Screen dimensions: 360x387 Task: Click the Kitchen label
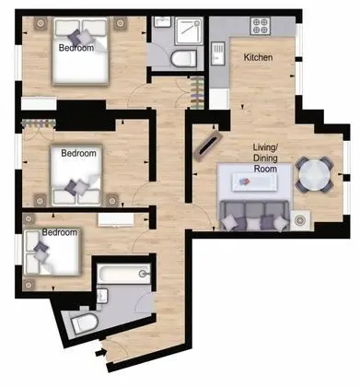pyautogui.click(x=258, y=57)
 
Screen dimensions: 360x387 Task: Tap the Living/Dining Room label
pyautogui.click(x=265, y=158)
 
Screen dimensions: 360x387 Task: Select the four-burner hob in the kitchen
pyautogui.click(x=261, y=26)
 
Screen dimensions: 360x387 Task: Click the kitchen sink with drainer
pyautogui.click(x=217, y=53)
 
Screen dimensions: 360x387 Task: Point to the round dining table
pyautogui.click(x=315, y=175)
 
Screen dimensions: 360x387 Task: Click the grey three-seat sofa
pyautogui.click(x=255, y=216)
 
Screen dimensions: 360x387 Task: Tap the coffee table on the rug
pyautogui.click(x=255, y=182)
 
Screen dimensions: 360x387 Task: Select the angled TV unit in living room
pyautogui.click(x=208, y=145)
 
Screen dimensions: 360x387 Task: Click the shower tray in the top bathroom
pyautogui.click(x=189, y=30)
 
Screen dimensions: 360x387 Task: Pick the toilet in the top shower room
pyautogui.click(x=183, y=58)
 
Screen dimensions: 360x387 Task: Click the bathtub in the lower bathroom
pyautogui.click(x=123, y=273)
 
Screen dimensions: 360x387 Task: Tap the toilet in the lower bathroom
pyautogui.click(x=84, y=323)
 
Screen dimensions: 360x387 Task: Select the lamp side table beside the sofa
pyautogui.click(x=300, y=220)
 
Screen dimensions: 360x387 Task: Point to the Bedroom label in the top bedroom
pyautogui.click(x=76, y=48)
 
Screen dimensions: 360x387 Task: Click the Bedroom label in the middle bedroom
pyautogui.click(x=78, y=153)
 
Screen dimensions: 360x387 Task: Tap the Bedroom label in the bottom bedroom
pyautogui.click(x=60, y=232)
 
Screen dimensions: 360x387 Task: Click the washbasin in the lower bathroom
pyautogui.click(x=102, y=296)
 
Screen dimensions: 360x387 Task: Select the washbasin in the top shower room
pyautogui.click(x=162, y=22)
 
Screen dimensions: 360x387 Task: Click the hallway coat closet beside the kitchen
pyautogui.click(x=197, y=93)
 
